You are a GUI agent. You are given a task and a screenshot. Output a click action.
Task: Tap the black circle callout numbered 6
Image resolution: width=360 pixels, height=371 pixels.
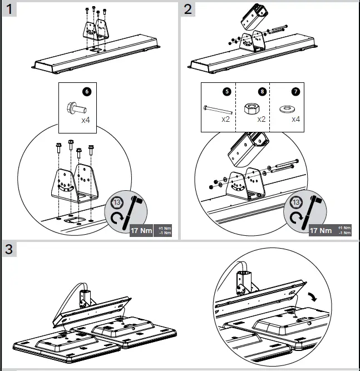[86, 90]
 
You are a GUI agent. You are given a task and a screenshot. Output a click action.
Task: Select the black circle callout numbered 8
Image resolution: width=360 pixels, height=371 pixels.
[262, 91]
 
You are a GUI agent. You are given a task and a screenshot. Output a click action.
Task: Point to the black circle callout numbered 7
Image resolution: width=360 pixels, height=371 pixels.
[294, 91]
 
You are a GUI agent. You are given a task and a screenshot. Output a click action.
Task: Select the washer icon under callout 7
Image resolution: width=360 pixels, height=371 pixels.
[287, 107]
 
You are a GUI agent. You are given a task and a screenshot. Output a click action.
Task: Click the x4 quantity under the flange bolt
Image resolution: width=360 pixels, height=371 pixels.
[87, 120]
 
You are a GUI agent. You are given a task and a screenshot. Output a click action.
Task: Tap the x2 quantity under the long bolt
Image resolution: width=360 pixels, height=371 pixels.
[226, 119]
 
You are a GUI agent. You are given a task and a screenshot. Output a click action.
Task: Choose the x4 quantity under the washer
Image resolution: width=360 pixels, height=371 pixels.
[295, 119]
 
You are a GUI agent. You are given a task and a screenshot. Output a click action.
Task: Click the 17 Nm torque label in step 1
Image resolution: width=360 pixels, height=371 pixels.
[142, 230]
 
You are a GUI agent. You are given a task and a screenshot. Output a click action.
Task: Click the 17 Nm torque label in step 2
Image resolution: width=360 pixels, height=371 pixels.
[321, 230]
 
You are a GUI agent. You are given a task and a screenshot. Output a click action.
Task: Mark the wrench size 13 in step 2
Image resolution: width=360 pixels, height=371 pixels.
[296, 202]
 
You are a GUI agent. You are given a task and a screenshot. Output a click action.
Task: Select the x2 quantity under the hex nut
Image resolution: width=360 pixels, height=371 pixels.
[262, 119]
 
